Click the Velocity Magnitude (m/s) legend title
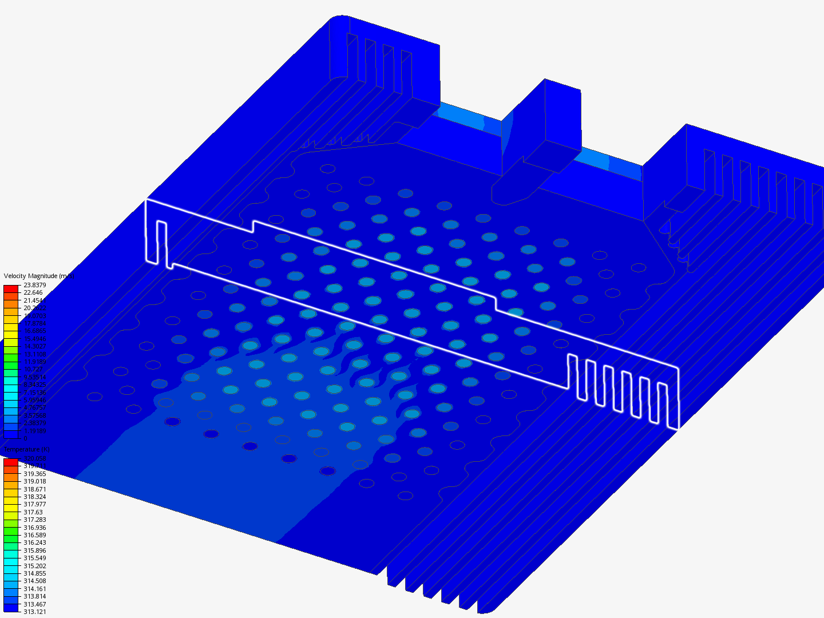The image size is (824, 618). pyautogui.click(x=39, y=276)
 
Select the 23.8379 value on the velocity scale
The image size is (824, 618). pyautogui.click(x=34, y=285)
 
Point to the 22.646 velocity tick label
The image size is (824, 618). pyautogui.click(x=33, y=292)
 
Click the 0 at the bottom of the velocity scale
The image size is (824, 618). pyautogui.click(x=25, y=438)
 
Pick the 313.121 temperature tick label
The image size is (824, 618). pyautogui.click(x=34, y=612)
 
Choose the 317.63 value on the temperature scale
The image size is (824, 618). pyautogui.click(x=33, y=512)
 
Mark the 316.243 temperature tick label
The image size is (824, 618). pyautogui.click(x=34, y=542)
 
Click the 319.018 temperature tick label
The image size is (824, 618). pyautogui.click(x=34, y=481)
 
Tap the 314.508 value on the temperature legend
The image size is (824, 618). pyautogui.click(x=34, y=581)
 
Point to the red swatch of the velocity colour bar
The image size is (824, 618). pyautogui.click(x=11, y=289)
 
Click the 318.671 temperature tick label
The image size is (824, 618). pyautogui.click(x=34, y=489)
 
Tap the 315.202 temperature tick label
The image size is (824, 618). pyautogui.click(x=34, y=566)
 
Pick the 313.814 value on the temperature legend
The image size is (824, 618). pyautogui.click(x=34, y=596)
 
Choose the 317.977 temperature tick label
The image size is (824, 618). pyautogui.click(x=34, y=504)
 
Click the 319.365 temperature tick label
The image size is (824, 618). pyautogui.click(x=34, y=474)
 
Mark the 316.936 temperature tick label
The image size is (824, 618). pyautogui.click(x=34, y=528)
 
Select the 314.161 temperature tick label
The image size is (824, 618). pyautogui.click(x=34, y=589)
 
